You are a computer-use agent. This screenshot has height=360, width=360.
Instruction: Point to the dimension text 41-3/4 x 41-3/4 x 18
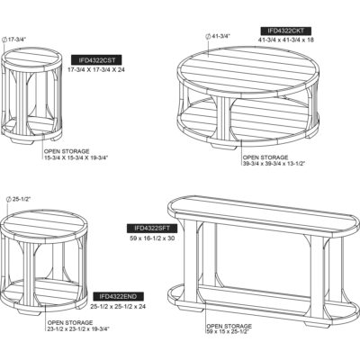[299, 41]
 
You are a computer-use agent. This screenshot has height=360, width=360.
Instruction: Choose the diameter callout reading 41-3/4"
[219, 35]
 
